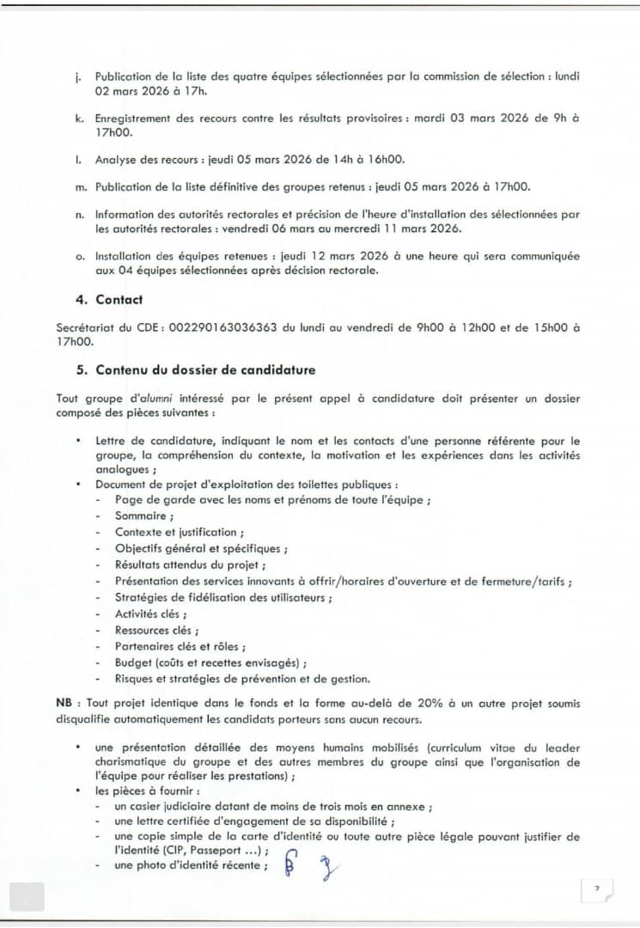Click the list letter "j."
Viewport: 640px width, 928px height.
click(x=78, y=76)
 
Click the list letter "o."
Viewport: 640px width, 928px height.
click(x=80, y=256)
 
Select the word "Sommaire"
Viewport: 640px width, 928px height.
click(x=143, y=516)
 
